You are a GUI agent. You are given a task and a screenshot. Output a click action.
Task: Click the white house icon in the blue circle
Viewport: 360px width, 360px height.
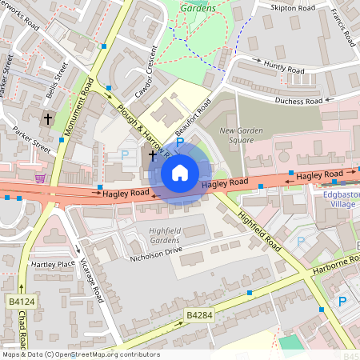pos(180,172)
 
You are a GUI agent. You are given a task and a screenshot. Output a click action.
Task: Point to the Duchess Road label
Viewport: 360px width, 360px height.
pos(298,102)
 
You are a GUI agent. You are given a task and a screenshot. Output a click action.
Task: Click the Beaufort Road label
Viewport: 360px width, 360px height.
pos(193,115)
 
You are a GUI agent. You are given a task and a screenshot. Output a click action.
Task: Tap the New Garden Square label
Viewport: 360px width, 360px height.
pos(241,135)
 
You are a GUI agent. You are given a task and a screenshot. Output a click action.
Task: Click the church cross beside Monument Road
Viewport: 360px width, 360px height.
pos(48,118)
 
